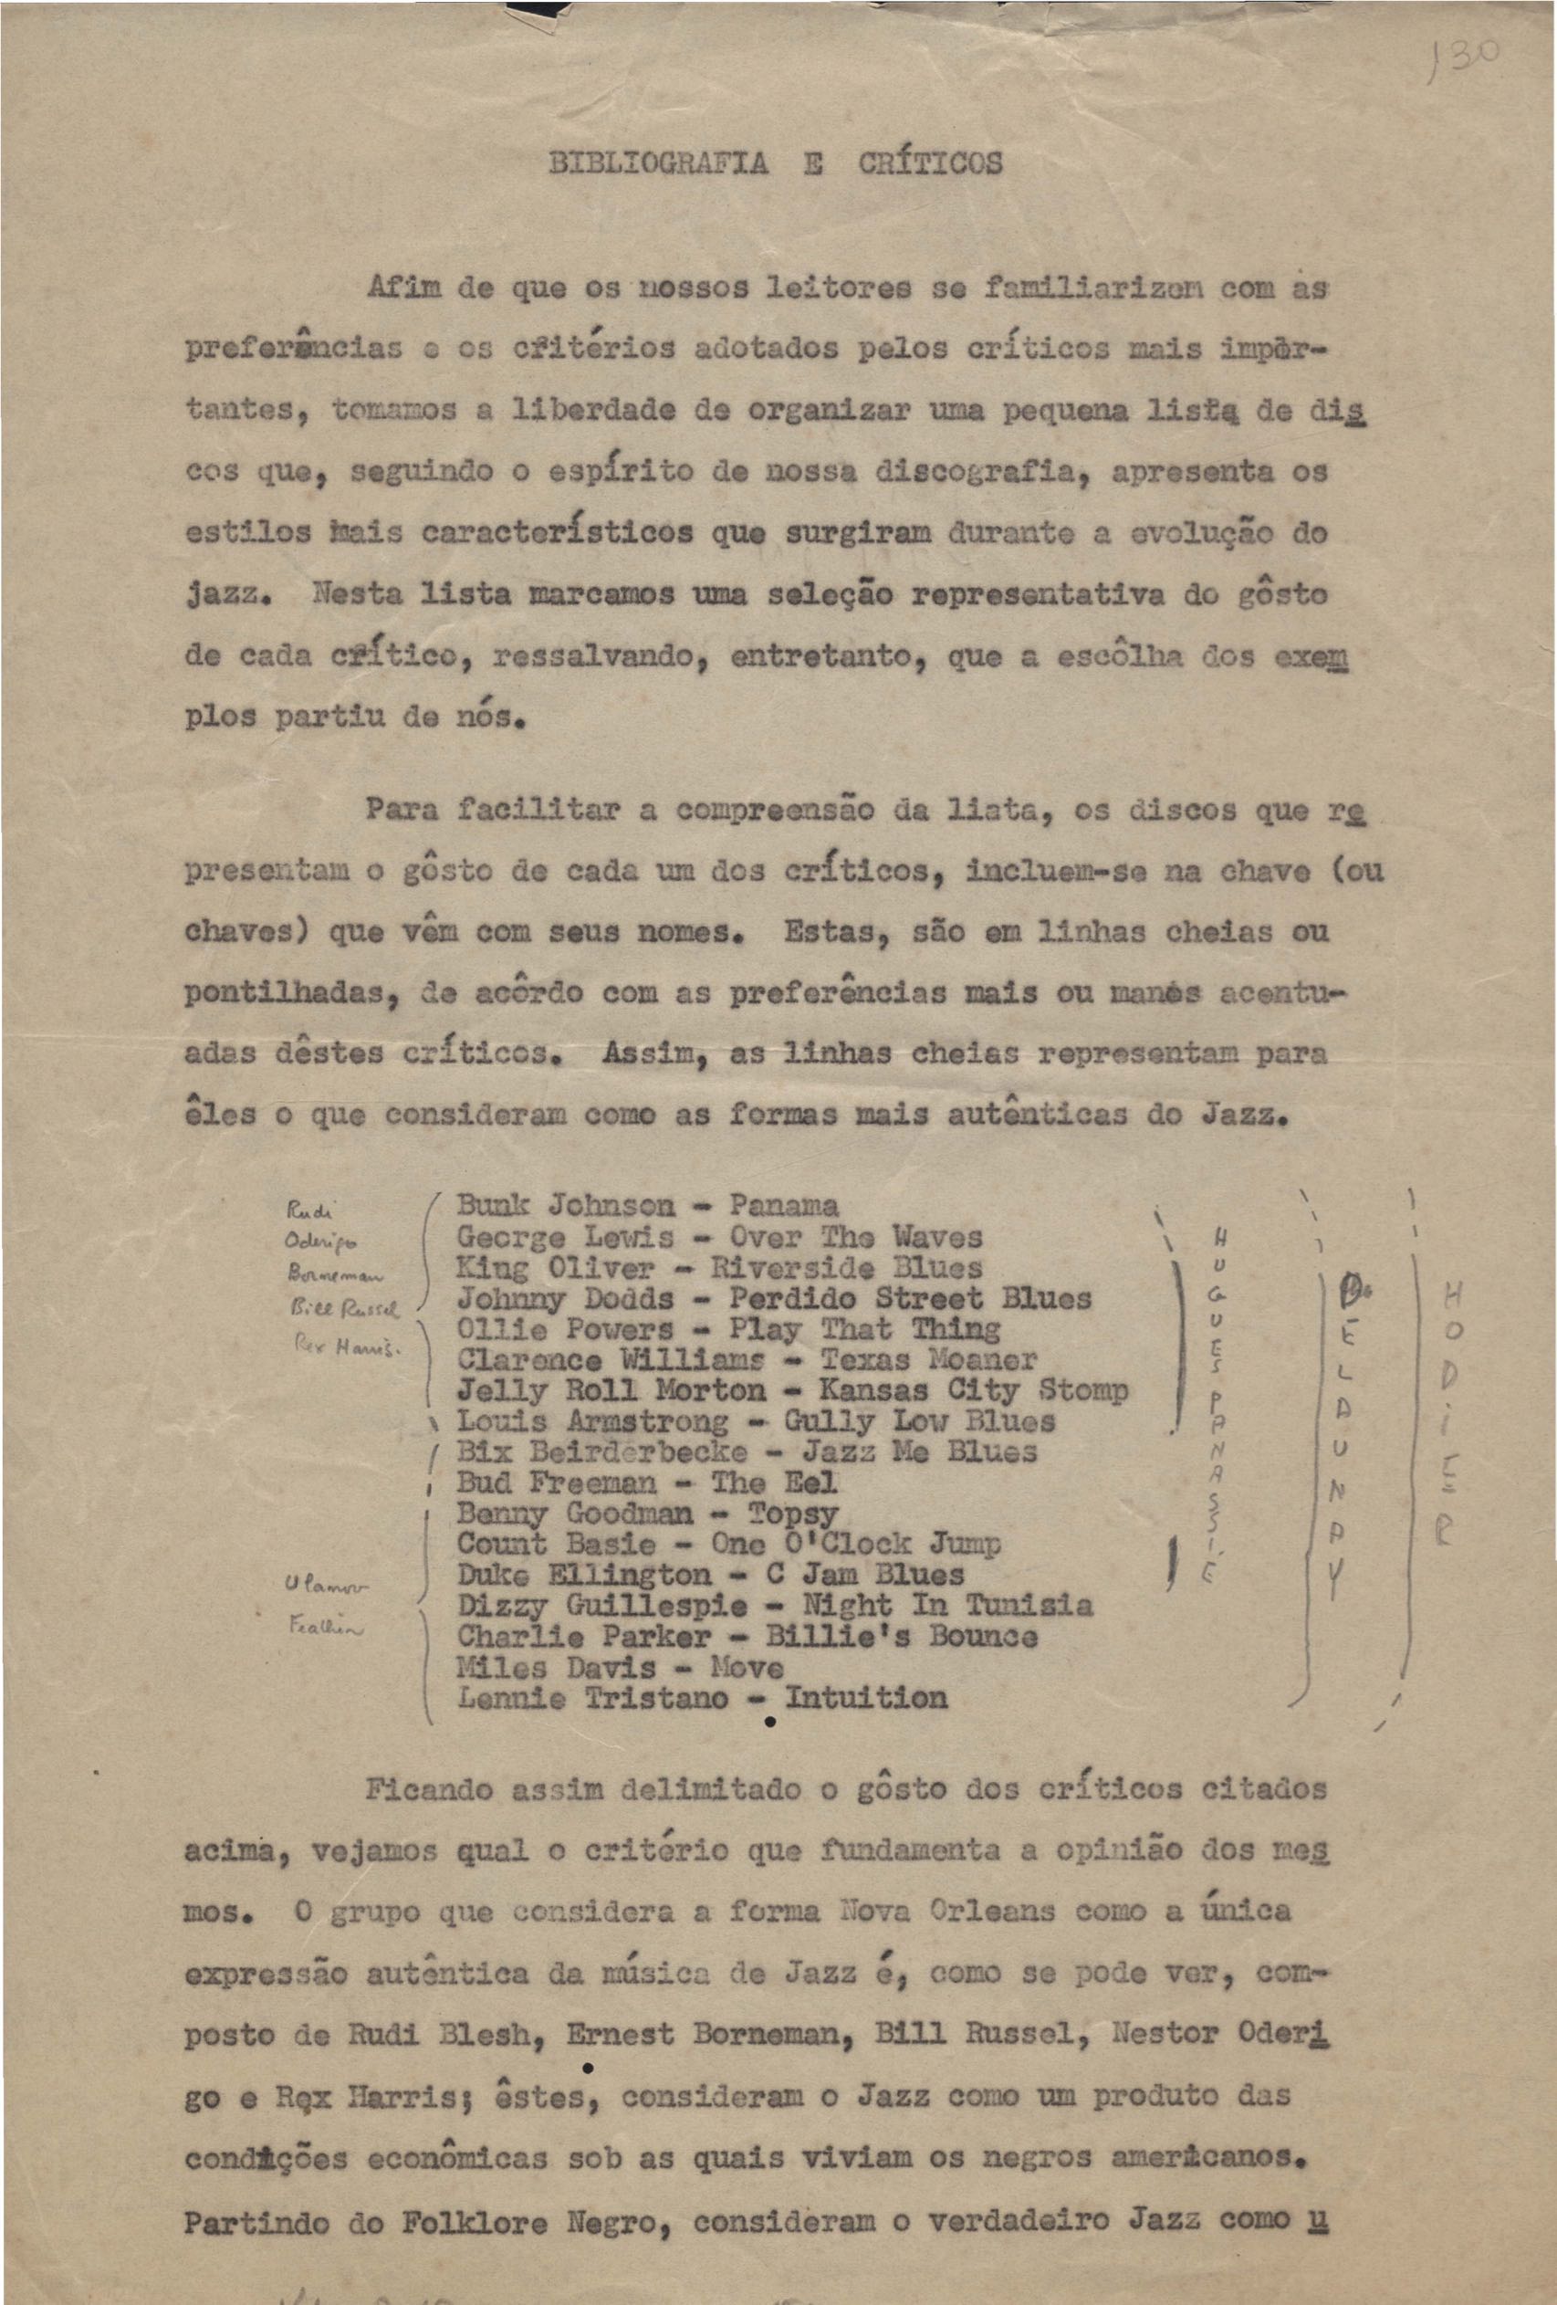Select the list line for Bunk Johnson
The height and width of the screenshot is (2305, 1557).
point(646,1206)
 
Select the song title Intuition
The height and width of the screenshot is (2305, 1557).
point(866,1698)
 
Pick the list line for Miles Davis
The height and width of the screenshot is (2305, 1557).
point(620,1667)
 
